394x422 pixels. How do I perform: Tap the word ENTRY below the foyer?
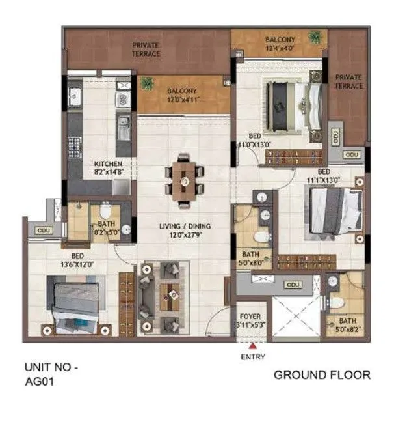pyautogui.click(x=252, y=358)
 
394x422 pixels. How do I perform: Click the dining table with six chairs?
pyautogui.click(x=184, y=176)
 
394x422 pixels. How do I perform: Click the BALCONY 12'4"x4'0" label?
pyautogui.click(x=280, y=44)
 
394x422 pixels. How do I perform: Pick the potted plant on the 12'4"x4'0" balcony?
pyautogui.click(x=316, y=36)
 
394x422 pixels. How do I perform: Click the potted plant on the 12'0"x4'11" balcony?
pyautogui.click(x=148, y=83)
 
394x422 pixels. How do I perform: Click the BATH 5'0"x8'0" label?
pyautogui.click(x=251, y=259)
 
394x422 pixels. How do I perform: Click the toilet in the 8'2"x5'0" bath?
pyautogui.click(x=107, y=213)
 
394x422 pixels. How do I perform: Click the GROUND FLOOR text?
pyautogui.click(x=322, y=375)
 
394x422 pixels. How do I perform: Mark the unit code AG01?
pyautogui.click(x=38, y=383)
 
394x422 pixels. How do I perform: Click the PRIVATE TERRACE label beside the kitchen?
pyautogui.click(x=146, y=49)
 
